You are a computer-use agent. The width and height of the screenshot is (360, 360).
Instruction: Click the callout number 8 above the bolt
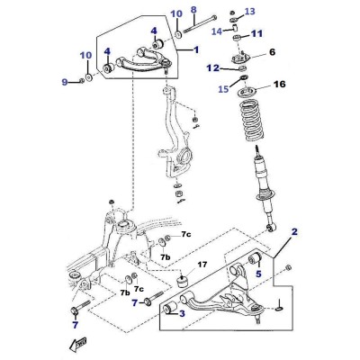(193, 10)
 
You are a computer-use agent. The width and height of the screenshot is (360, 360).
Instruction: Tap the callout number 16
(280, 84)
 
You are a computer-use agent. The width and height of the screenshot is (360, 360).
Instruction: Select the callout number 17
(202, 265)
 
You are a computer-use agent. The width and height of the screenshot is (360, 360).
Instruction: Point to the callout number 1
(196, 49)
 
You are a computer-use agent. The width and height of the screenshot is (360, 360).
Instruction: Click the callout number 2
(294, 231)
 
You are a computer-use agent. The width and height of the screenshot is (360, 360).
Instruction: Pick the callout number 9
(65, 82)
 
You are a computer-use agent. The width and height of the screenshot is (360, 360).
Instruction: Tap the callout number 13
(249, 12)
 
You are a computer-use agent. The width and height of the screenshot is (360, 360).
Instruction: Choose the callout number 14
(217, 31)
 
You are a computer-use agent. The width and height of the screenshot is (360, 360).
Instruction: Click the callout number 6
(272, 52)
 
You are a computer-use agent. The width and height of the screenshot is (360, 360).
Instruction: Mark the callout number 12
(212, 68)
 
